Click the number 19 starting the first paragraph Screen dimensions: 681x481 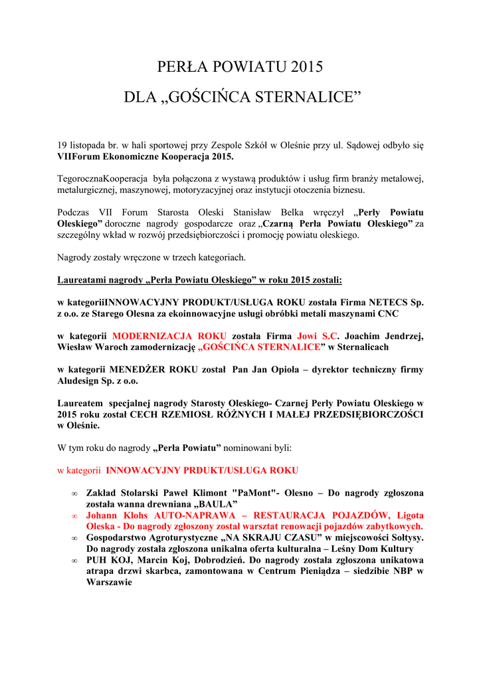click(x=62, y=144)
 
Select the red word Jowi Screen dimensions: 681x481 click(x=308, y=336)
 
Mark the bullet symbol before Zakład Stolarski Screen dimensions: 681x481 click(x=74, y=493)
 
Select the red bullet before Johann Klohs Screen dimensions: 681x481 click(x=74, y=515)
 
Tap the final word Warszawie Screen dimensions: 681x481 click(x=109, y=582)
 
